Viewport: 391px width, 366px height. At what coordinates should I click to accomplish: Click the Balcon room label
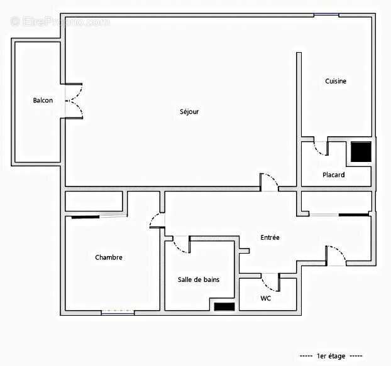coord(43,100)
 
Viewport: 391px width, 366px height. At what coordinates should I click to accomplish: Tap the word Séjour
coord(189,112)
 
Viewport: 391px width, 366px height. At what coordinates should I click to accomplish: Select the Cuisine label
coord(336,81)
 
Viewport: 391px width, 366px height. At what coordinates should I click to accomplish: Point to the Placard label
coord(333,175)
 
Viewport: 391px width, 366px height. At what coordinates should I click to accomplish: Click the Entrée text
coord(270,237)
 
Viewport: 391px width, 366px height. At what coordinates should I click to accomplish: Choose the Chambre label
coord(109,257)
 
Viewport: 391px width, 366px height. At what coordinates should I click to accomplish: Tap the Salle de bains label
coord(199,279)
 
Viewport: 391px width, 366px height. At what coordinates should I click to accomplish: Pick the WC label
coord(266,298)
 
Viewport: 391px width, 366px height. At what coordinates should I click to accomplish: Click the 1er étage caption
coord(331,356)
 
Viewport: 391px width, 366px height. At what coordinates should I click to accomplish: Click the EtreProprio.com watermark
coord(60,22)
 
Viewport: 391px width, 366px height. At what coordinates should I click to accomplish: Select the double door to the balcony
coord(73,101)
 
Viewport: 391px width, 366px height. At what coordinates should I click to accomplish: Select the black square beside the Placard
coord(361,153)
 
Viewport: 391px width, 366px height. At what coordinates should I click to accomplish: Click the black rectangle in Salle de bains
coord(224,306)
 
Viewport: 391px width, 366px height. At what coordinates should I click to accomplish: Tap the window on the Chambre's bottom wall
coord(118,312)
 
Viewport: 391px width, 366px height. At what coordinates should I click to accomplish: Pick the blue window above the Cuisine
coord(326,15)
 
